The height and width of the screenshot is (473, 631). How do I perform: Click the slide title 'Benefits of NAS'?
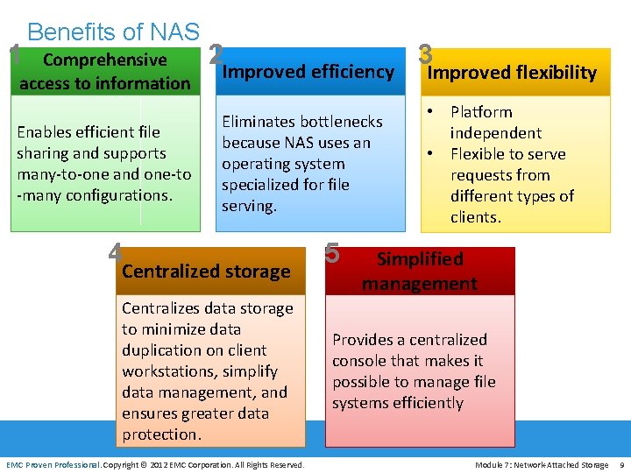pos(113,32)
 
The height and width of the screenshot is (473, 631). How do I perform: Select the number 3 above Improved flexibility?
pos(427,53)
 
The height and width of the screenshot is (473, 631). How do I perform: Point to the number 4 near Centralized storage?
pos(115,251)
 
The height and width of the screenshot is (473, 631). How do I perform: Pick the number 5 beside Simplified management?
pos(332,251)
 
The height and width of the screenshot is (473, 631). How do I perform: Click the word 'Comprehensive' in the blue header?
pos(104,60)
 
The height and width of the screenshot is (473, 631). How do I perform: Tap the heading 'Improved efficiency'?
pos(308,72)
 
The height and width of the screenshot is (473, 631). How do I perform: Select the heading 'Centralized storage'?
pos(206,272)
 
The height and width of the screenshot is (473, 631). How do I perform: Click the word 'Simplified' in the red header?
pos(420,259)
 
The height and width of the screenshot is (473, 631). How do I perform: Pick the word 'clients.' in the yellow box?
pos(476,217)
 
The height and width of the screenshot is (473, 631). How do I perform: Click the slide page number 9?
pos(620,464)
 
